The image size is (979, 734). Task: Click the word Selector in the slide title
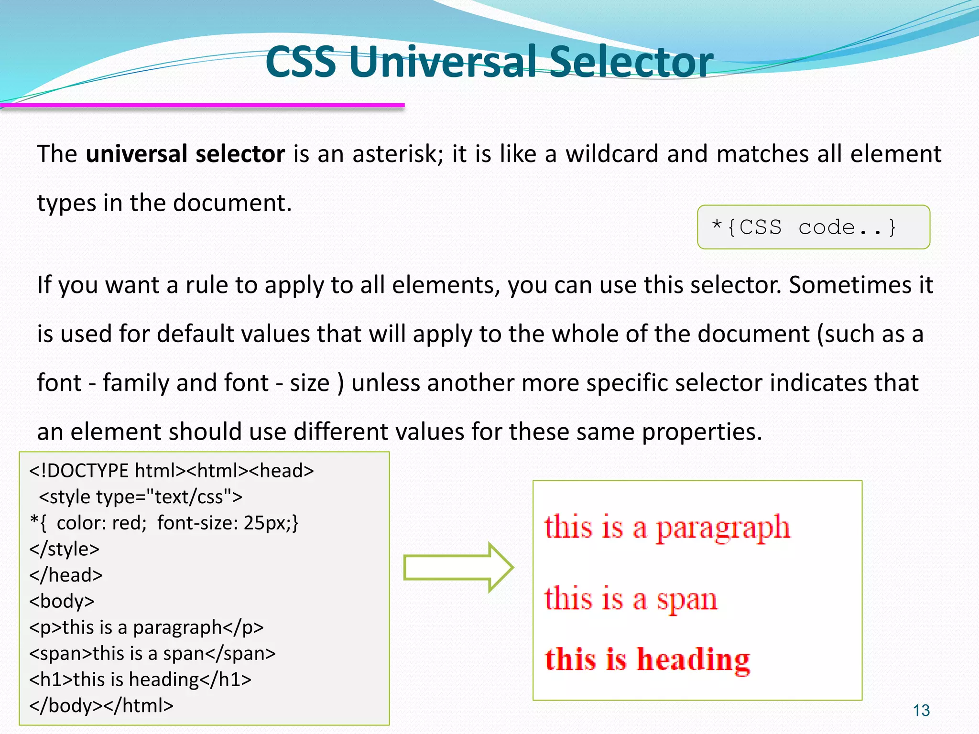pyautogui.click(x=631, y=62)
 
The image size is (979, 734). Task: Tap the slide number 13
pyautogui.click(x=921, y=711)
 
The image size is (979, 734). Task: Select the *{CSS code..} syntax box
pyautogui.click(x=813, y=227)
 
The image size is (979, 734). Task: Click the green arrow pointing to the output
pyautogui.click(x=457, y=568)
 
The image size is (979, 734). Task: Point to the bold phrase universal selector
pyautogui.click(x=185, y=154)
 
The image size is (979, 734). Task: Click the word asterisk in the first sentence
pyautogui.click(x=397, y=154)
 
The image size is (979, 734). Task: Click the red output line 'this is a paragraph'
pyautogui.click(x=666, y=528)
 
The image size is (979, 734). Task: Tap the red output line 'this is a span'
pyautogui.click(x=631, y=598)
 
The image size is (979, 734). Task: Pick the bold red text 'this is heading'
pyautogui.click(x=647, y=659)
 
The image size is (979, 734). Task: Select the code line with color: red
pyautogui.click(x=164, y=523)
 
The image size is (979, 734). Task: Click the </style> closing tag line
pyautogui.click(x=65, y=549)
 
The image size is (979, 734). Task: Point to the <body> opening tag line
pyautogui.click(x=62, y=601)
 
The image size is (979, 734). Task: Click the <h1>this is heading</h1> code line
pyautogui.click(x=140, y=680)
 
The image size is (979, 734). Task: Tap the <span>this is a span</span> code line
pyautogui.click(x=152, y=653)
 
